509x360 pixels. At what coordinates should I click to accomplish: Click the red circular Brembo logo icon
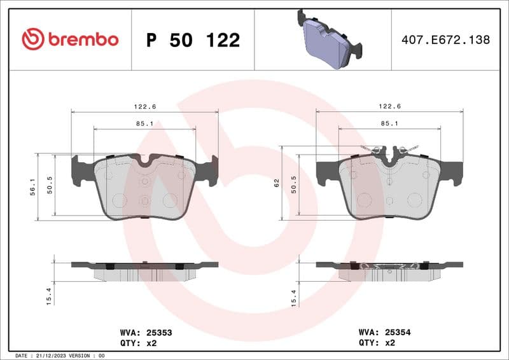click(x=33, y=39)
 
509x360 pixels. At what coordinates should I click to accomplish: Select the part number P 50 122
click(x=193, y=40)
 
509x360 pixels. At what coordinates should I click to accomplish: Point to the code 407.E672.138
click(x=445, y=40)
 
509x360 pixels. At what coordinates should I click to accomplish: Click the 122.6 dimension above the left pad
click(x=144, y=106)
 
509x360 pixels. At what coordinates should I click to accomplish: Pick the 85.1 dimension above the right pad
click(x=389, y=123)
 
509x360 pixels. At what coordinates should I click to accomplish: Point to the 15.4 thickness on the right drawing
click(x=295, y=298)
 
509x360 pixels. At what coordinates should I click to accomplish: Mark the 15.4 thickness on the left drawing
click(x=50, y=298)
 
